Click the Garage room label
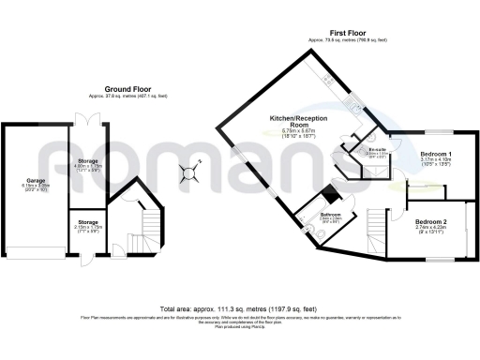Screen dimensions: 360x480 click(36, 178)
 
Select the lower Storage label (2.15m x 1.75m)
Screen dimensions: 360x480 click(90, 222)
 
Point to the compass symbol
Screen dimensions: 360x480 click(190, 172)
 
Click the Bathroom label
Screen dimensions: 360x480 click(330, 214)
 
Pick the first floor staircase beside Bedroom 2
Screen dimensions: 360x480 click(376, 229)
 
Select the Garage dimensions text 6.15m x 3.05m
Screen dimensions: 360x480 click(36, 186)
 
